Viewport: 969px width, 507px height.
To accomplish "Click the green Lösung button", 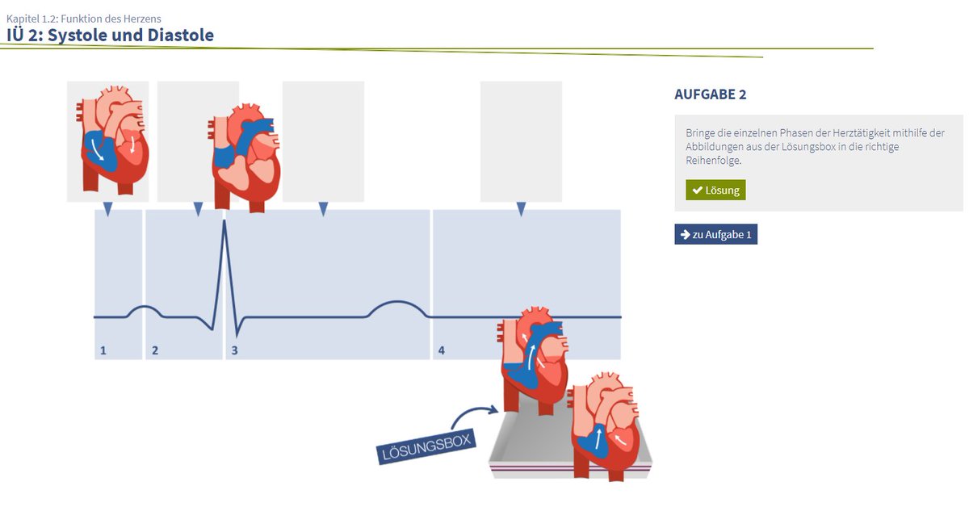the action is tap(715, 190).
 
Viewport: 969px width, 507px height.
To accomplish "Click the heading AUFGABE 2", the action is tap(710, 94).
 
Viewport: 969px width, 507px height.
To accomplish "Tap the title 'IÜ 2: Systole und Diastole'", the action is tap(110, 35).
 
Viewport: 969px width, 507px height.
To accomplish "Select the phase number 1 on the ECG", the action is tap(103, 350).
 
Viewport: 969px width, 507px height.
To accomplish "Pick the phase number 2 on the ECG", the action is tap(155, 350).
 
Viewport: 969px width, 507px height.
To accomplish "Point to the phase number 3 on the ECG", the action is tap(235, 350).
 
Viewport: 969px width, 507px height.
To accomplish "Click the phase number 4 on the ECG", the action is tap(441, 350).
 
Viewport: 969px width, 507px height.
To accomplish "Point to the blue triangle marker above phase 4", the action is tap(521, 209).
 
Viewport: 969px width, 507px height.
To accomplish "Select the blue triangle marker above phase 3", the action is tap(323, 209).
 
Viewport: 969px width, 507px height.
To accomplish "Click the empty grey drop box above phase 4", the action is tap(521, 141).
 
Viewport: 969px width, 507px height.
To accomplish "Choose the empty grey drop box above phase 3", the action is tap(323, 141).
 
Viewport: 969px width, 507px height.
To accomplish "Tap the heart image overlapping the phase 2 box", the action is tap(246, 157).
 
